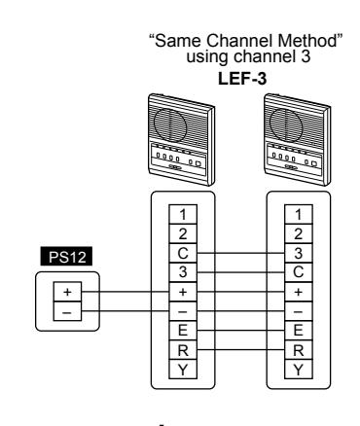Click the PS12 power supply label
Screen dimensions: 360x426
(x=66, y=257)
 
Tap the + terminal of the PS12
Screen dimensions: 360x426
(x=67, y=292)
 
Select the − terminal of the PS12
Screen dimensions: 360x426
(x=67, y=311)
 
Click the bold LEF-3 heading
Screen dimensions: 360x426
(x=242, y=79)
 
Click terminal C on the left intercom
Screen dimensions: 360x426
(x=183, y=253)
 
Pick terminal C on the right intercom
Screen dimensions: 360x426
(x=299, y=272)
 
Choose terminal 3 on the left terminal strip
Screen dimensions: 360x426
(x=183, y=272)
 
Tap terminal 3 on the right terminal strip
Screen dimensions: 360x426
(x=299, y=253)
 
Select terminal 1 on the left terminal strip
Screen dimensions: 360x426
(x=183, y=214)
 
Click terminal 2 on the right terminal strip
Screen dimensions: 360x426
(x=299, y=233)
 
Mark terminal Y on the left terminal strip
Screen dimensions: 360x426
(x=183, y=370)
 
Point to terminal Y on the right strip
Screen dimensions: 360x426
(x=299, y=370)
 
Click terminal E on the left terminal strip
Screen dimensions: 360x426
(x=183, y=331)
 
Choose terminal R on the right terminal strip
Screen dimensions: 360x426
(x=299, y=350)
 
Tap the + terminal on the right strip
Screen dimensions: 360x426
(x=299, y=292)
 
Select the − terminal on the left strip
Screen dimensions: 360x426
(x=183, y=311)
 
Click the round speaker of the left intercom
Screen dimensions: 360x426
(x=170, y=124)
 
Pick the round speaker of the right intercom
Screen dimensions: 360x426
(x=286, y=124)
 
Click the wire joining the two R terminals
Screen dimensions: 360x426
(x=240, y=350)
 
